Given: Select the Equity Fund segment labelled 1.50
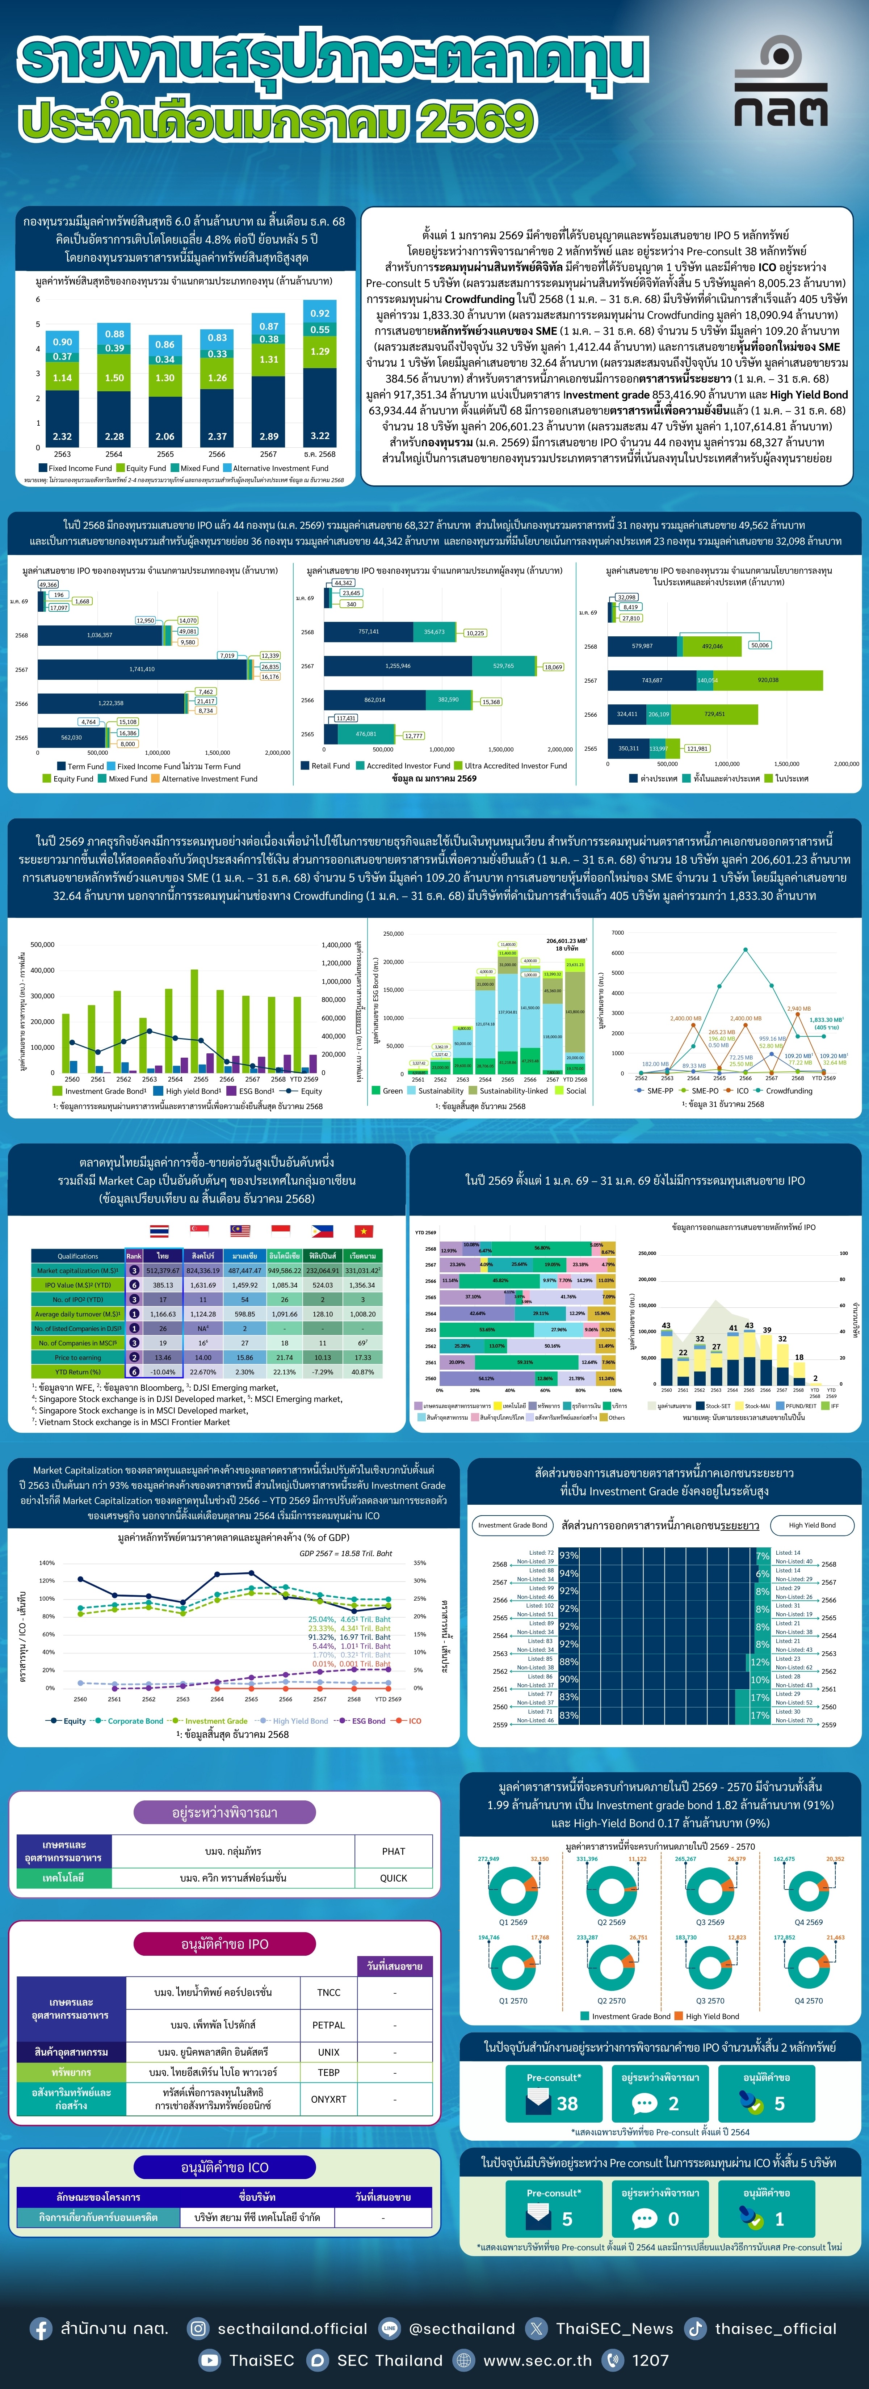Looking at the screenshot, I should coord(114,378).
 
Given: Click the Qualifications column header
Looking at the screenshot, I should coord(78,1256).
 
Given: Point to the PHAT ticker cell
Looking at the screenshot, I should coord(393,1851).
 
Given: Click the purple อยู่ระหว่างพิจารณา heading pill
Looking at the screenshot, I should coord(224,1812).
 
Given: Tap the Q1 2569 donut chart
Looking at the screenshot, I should coord(513,1890).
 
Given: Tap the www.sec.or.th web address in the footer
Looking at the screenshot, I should coord(536,2360).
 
